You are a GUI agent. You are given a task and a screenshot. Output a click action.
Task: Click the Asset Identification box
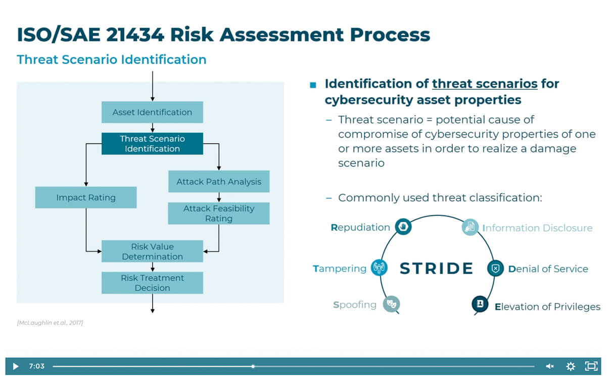click(x=152, y=112)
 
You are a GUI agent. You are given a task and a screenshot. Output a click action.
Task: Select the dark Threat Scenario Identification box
click(x=152, y=143)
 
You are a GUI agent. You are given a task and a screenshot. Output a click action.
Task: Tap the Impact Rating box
click(x=86, y=197)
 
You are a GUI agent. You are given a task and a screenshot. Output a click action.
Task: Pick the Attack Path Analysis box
click(x=218, y=182)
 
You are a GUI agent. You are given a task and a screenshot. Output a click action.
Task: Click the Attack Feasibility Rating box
click(x=218, y=213)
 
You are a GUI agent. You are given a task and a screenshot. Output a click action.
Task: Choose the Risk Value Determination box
click(x=152, y=251)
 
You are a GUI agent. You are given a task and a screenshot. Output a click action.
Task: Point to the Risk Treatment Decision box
click(x=152, y=283)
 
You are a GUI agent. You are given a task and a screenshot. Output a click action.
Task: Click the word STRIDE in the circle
click(x=436, y=268)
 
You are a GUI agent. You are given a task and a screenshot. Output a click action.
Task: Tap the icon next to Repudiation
click(x=403, y=227)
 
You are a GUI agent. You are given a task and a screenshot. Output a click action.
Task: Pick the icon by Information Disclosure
click(x=470, y=227)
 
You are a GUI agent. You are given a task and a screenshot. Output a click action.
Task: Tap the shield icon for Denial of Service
click(x=495, y=268)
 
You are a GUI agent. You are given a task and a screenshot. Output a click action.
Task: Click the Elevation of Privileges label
click(x=547, y=306)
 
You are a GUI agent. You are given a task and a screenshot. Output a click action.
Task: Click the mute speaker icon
click(x=549, y=366)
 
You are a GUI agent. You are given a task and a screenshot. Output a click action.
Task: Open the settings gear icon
click(x=571, y=366)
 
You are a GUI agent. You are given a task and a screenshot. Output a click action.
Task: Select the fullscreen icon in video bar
click(x=591, y=366)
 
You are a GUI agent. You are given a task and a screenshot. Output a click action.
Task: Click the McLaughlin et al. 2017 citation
click(x=50, y=322)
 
